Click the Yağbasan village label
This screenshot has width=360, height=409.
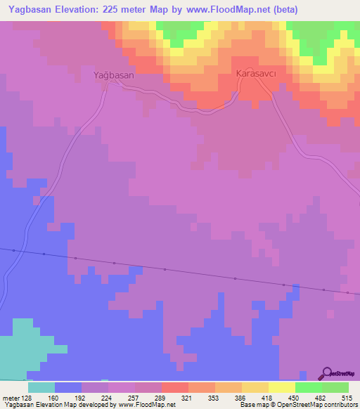pos(114,73)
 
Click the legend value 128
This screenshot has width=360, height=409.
pos(27,398)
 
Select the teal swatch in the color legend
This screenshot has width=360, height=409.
pos(41,387)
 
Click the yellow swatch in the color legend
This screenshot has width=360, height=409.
pos(281,387)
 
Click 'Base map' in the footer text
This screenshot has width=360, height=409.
pos(252,405)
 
